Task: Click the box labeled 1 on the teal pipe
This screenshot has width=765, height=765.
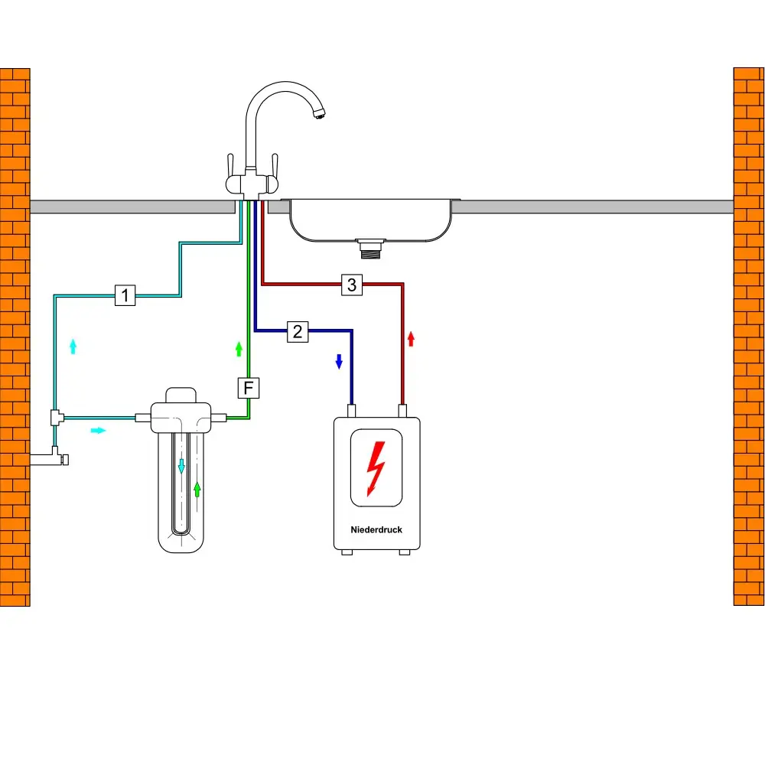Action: (x=125, y=295)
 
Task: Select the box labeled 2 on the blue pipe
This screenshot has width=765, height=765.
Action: (x=298, y=331)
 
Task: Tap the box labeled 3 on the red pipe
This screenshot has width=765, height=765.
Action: (x=351, y=285)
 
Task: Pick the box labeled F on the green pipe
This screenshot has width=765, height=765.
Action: (x=248, y=388)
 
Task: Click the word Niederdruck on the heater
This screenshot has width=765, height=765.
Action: (x=376, y=529)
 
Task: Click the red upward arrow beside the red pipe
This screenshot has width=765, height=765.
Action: (x=411, y=338)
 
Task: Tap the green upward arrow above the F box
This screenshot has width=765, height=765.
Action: (x=239, y=349)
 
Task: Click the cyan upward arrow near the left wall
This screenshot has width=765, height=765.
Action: (x=73, y=346)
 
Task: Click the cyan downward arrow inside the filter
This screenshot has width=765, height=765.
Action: (x=181, y=465)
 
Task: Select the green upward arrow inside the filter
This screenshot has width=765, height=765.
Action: (x=197, y=489)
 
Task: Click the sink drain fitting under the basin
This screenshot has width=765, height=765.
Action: (x=369, y=247)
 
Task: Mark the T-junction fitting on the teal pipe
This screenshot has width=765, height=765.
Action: (x=56, y=417)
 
